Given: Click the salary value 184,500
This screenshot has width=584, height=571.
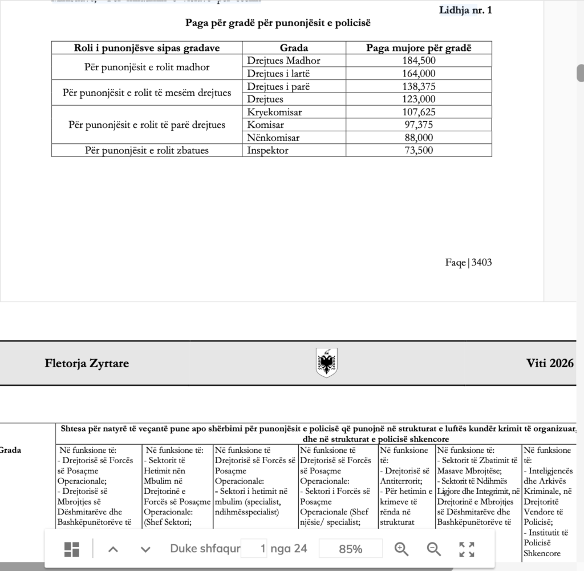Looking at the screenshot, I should (419, 61).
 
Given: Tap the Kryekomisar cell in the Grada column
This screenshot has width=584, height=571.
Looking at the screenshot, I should (274, 112).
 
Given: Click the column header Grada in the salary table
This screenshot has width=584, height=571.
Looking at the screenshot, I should (294, 48).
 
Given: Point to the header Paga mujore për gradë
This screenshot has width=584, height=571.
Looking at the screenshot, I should (419, 48).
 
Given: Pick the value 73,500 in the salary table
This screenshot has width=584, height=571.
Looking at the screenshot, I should (419, 151).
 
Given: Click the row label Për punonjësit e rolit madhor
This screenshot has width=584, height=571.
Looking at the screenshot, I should (147, 67).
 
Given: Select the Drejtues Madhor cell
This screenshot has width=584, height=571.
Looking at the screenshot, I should (283, 61).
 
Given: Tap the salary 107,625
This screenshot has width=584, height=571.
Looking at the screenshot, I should (419, 112).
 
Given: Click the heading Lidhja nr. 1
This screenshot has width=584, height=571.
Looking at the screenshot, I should (465, 10).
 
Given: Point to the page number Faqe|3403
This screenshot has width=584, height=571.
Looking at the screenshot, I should (468, 263).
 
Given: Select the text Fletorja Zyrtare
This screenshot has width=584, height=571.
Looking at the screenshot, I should (87, 364).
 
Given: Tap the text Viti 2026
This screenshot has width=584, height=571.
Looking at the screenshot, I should (550, 364).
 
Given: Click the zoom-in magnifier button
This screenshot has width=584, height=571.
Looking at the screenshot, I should (401, 549).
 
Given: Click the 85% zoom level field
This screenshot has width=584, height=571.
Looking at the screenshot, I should (350, 549).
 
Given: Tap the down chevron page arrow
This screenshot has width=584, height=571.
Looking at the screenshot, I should (145, 549).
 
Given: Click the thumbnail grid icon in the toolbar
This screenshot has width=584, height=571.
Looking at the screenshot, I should (72, 549).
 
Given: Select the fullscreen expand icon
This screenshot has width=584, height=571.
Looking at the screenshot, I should (467, 549).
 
